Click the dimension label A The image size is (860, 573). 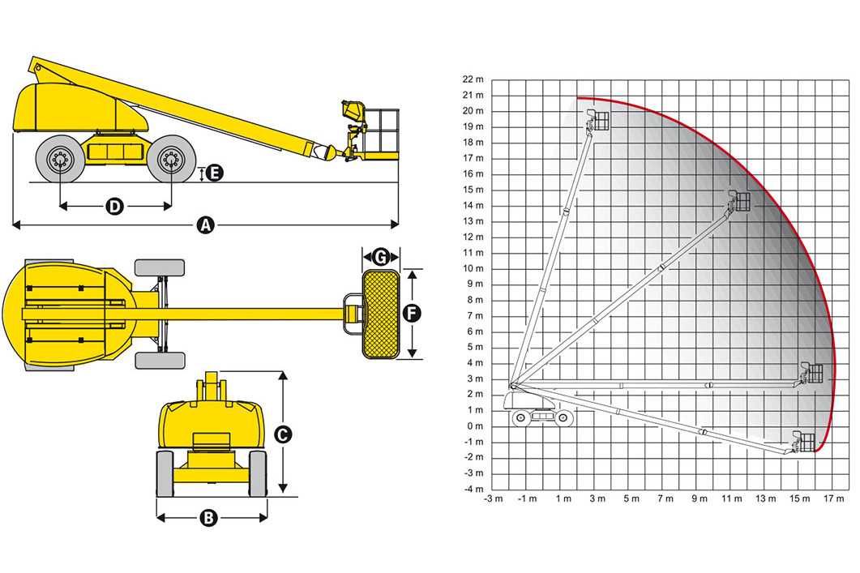[x=206, y=224]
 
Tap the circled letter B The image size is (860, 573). [x=208, y=518]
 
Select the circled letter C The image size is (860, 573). [x=283, y=435]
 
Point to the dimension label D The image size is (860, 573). [x=114, y=206]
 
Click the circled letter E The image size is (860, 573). [x=215, y=173]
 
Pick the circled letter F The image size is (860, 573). [x=412, y=314]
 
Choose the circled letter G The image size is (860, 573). [x=381, y=257]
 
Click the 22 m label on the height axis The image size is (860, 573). [x=473, y=79]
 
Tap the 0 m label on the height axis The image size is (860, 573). [x=475, y=426]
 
